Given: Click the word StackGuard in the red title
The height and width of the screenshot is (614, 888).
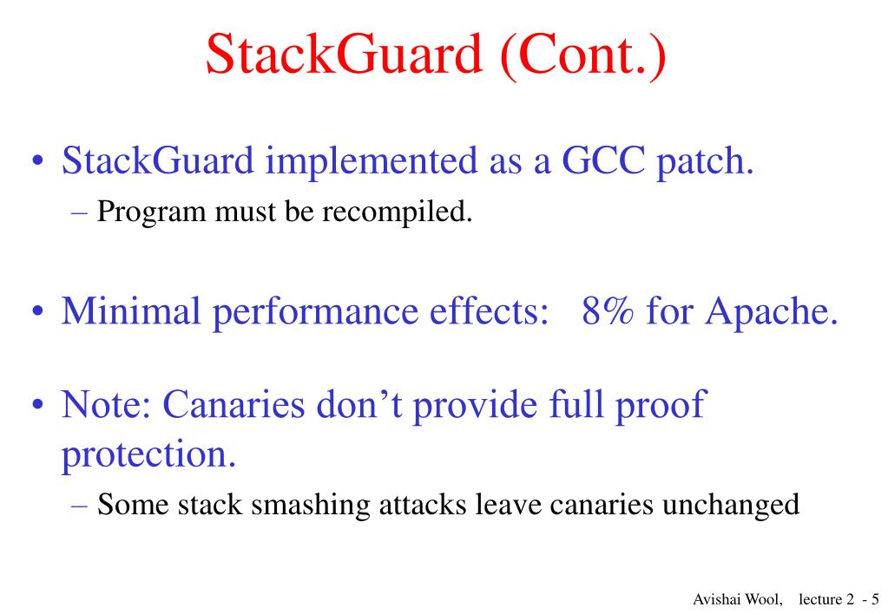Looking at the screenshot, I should pos(344,55).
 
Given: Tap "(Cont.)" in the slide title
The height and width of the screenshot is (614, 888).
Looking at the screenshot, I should pos(583,55).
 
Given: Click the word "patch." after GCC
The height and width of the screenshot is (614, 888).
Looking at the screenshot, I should pos(703,162).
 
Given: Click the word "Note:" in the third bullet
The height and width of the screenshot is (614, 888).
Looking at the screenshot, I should pos(107,403).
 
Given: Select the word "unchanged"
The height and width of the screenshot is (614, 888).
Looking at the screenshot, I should pos(731,505).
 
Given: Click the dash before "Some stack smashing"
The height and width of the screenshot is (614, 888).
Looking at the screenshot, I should pos(80,505).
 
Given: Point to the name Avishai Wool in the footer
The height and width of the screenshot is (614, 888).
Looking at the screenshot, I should pos(737,599).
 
